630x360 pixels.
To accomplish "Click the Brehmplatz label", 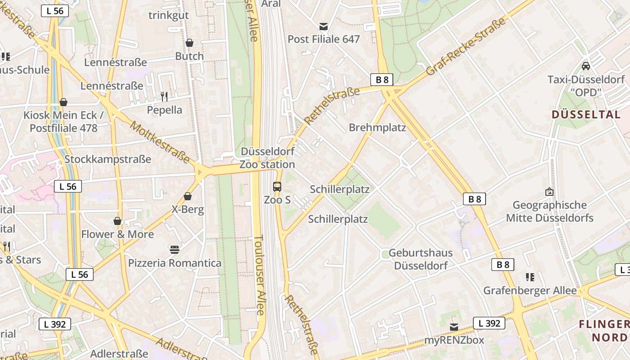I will tap(377, 128).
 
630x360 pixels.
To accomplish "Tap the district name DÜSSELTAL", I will tap(586, 115).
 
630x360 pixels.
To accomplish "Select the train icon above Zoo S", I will tap(277, 186).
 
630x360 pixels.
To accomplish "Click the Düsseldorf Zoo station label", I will tap(267, 158).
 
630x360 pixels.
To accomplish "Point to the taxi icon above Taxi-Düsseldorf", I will tap(586, 66).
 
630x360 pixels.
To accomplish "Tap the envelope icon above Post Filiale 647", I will tap(324, 26).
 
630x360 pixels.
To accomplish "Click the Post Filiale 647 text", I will tap(324, 40).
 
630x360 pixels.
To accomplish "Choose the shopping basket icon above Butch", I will tap(189, 43).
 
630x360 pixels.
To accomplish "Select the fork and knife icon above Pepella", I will tap(164, 96).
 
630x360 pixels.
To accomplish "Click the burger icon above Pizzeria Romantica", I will tap(175, 249).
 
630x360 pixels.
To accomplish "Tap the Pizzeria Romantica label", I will tap(175, 263).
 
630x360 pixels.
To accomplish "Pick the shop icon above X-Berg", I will tap(188, 196).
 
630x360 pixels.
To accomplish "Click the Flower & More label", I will tap(117, 234).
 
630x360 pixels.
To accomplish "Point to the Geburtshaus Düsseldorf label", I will tap(421, 259).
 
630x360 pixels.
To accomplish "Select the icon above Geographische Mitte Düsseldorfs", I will tap(549, 192).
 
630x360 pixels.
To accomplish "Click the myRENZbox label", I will tap(454, 340).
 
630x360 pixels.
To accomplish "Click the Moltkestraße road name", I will tap(160, 141).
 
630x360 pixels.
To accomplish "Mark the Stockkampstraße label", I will tap(108, 159).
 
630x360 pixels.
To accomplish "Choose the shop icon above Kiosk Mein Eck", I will tap(63, 102).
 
